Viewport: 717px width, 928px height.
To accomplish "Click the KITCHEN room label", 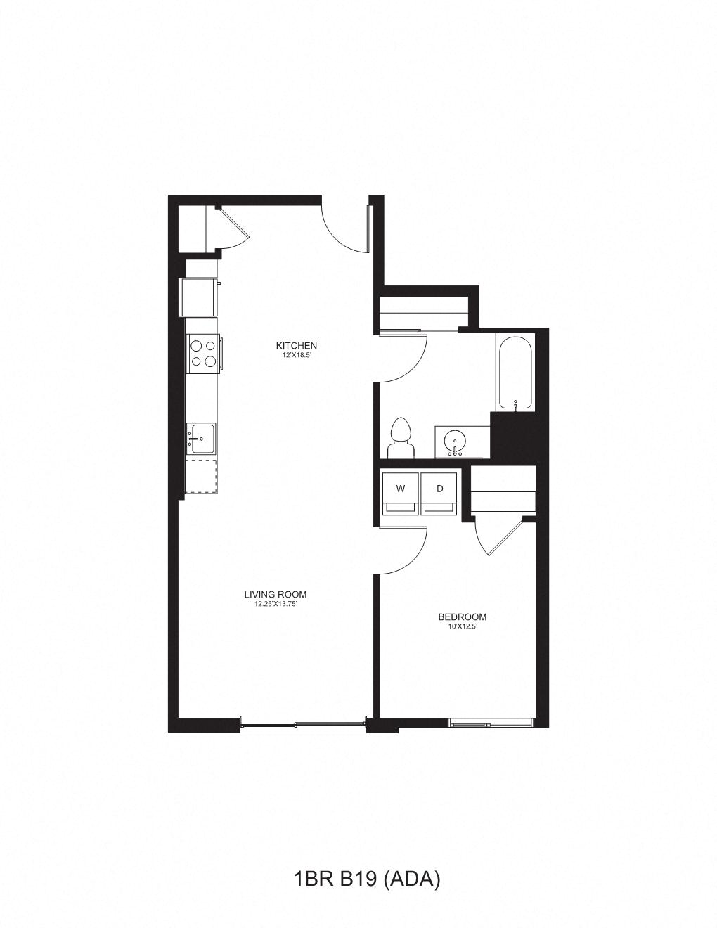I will point(296,345).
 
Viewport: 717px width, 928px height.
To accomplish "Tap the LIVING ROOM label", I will point(276,594).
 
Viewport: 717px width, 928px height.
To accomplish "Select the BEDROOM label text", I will point(462,617).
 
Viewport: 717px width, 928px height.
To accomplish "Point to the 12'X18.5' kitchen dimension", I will point(296,356).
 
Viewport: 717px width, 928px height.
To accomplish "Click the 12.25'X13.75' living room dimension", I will point(276,604).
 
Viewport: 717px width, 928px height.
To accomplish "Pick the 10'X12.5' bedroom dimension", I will point(462,626).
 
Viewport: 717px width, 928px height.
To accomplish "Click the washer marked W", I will point(400,492).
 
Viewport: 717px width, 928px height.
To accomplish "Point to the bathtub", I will point(516,372).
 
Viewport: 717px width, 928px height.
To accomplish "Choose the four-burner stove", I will point(202,354).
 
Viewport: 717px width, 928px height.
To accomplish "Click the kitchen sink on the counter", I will point(201,439).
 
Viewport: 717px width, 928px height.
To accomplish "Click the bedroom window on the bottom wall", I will point(491,723).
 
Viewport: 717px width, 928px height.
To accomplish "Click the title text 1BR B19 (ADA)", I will point(366,879).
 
